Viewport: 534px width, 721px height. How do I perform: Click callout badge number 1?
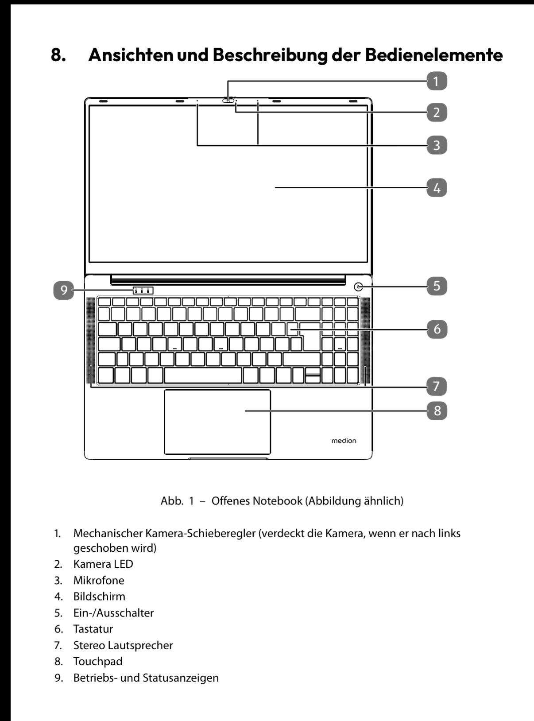(x=437, y=81)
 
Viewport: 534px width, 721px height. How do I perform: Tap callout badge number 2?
(x=437, y=112)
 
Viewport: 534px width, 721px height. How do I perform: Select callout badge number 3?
(x=437, y=145)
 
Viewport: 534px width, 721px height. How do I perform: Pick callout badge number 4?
(x=437, y=188)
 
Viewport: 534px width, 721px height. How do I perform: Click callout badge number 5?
(x=437, y=286)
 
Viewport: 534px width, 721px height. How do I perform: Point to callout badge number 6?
(x=437, y=329)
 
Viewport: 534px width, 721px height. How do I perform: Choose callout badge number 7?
(x=437, y=386)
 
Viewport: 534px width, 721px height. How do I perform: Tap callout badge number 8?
(x=437, y=411)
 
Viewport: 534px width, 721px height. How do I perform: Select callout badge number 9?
(x=64, y=290)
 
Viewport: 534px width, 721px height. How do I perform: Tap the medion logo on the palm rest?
(x=344, y=441)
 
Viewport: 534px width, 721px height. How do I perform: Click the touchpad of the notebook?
(x=217, y=422)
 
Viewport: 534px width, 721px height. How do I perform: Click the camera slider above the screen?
(x=228, y=100)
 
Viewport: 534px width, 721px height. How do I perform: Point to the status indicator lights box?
(x=143, y=290)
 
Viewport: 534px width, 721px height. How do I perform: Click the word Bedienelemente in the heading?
(x=434, y=55)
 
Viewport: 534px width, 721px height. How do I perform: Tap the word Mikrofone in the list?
(x=99, y=580)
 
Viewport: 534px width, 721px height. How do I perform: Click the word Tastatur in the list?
(x=93, y=629)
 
